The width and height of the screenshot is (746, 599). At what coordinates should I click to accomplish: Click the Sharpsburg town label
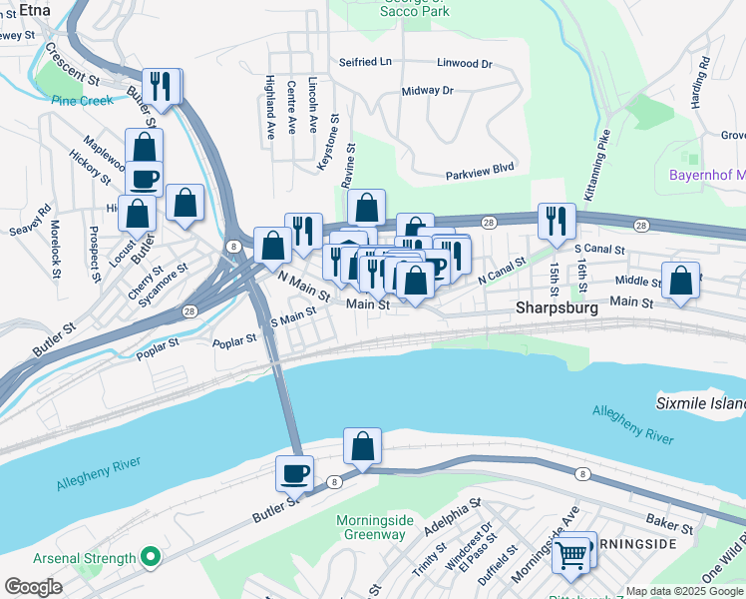click(x=557, y=308)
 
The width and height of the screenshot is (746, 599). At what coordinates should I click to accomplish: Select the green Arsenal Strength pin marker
click(x=151, y=557)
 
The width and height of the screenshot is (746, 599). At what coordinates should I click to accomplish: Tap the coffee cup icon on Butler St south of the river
click(x=296, y=471)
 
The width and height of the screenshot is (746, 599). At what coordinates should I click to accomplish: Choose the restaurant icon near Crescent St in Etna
click(x=160, y=84)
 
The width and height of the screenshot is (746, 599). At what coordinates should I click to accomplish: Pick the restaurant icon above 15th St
click(x=556, y=220)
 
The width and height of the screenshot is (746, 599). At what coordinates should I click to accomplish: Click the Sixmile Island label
click(x=700, y=403)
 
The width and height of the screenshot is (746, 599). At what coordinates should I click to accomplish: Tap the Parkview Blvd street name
click(x=480, y=169)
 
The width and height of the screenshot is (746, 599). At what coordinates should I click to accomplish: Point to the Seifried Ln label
click(x=365, y=62)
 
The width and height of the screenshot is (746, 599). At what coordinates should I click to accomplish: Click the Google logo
click(x=33, y=586)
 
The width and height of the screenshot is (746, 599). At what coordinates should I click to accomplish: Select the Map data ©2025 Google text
click(x=683, y=591)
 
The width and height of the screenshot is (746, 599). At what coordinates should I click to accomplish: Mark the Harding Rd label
click(x=703, y=76)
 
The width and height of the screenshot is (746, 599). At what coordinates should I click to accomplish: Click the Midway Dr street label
click(x=427, y=91)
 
